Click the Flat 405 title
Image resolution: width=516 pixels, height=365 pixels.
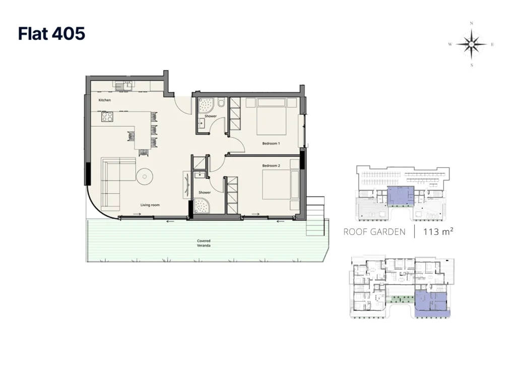(x=52, y=34)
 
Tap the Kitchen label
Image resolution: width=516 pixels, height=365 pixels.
(x=105, y=100)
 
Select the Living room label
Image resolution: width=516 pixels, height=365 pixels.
(x=150, y=205)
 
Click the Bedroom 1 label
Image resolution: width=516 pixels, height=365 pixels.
(x=271, y=144)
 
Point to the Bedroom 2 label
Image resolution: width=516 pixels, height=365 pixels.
(x=271, y=165)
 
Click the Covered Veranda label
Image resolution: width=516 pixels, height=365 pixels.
(x=204, y=243)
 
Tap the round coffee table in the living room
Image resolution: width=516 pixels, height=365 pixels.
(x=145, y=177)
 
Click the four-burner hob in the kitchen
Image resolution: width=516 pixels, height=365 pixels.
(x=107, y=117)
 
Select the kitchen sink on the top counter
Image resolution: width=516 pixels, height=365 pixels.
(x=124, y=86)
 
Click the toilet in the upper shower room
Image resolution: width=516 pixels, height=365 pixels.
(x=221, y=103)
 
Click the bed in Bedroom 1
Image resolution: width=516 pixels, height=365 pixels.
(x=272, y=116)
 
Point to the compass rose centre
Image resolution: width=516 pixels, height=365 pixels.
(x=472, y=44)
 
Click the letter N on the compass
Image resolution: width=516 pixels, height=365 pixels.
(x=472, y=23)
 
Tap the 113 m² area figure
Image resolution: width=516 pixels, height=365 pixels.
(x=438, y=231)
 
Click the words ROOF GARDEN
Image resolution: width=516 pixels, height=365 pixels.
(x=374, y=232)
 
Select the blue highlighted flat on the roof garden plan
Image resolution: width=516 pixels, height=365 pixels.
(x=401, y=196)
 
